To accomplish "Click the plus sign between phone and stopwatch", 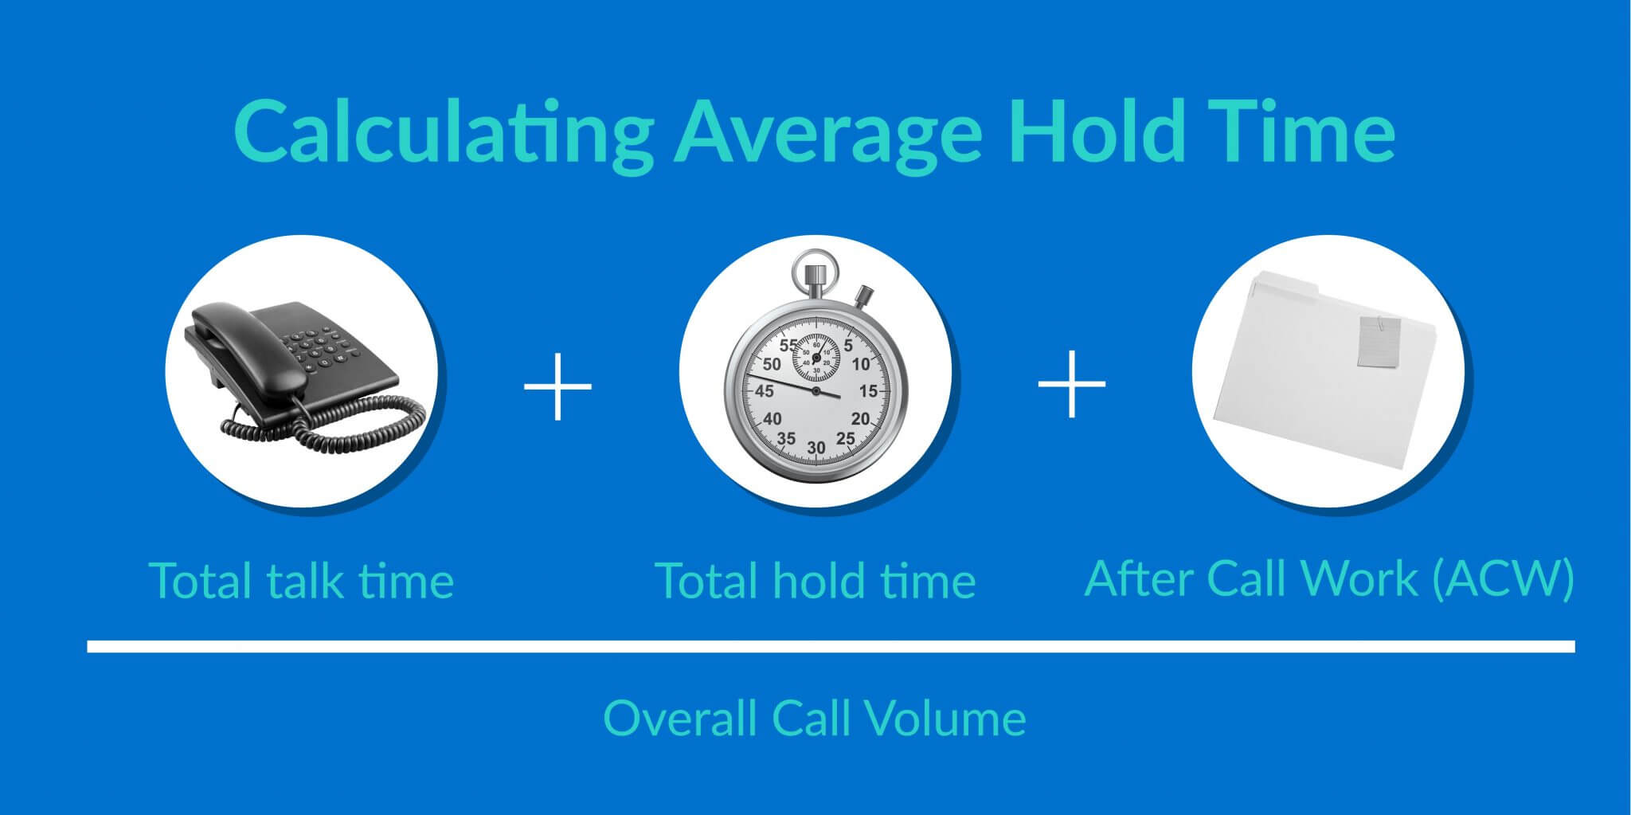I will tap(557, 386).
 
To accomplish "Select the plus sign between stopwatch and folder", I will tap(1071, 384).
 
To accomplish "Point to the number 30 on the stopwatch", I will tap(815, 448).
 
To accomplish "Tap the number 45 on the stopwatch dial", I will tap(765, 391).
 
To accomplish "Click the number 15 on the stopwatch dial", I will tap(867, 391).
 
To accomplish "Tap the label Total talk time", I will tap(301, 580).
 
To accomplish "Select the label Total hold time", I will tap(815, 580).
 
